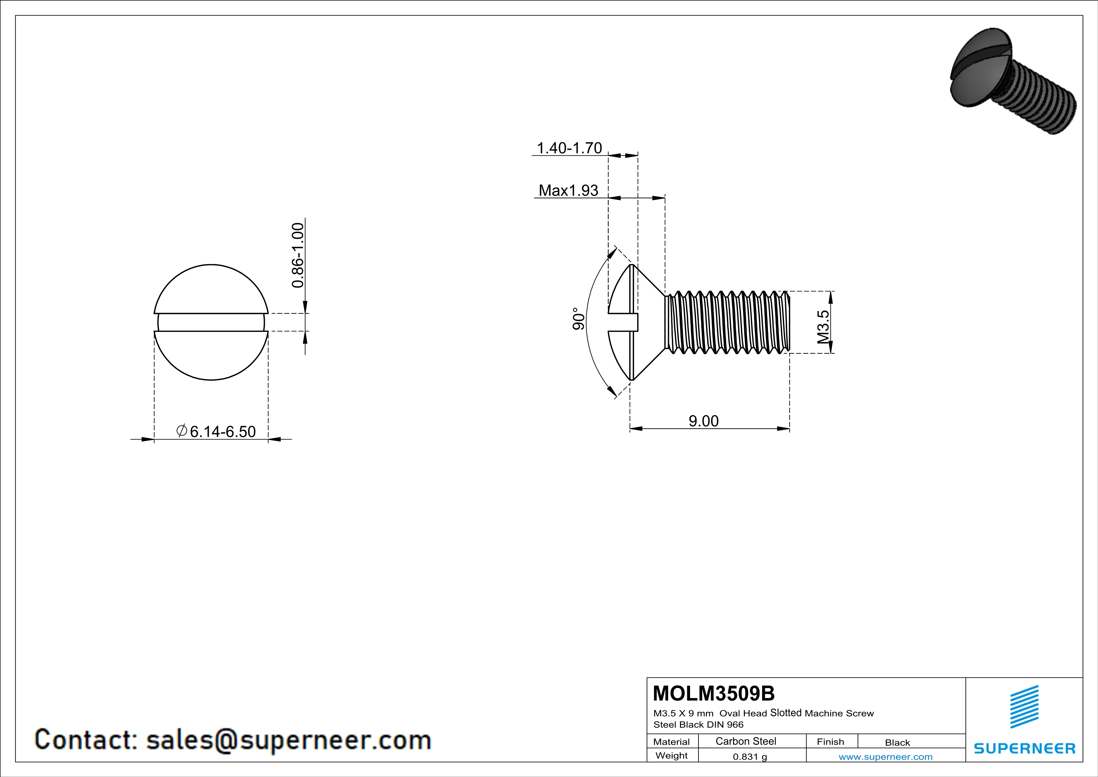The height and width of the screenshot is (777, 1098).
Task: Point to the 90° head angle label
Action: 579,319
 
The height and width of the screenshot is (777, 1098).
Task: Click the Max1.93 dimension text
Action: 568,190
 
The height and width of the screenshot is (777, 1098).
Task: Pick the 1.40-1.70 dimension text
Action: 569,148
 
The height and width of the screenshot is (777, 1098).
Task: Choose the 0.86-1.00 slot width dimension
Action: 297,255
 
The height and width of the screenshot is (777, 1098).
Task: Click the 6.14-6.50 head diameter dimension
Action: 222,431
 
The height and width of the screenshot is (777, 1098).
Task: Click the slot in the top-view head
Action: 211,322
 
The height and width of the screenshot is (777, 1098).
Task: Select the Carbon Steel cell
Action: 745,741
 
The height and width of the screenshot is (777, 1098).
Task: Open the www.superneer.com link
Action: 885,756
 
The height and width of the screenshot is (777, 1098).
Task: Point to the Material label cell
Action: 672,742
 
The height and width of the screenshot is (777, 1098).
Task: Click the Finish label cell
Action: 830,742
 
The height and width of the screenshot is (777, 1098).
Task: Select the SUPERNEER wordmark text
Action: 1024,748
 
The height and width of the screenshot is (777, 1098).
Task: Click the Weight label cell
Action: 672,755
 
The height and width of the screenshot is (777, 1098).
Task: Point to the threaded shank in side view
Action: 727,322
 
